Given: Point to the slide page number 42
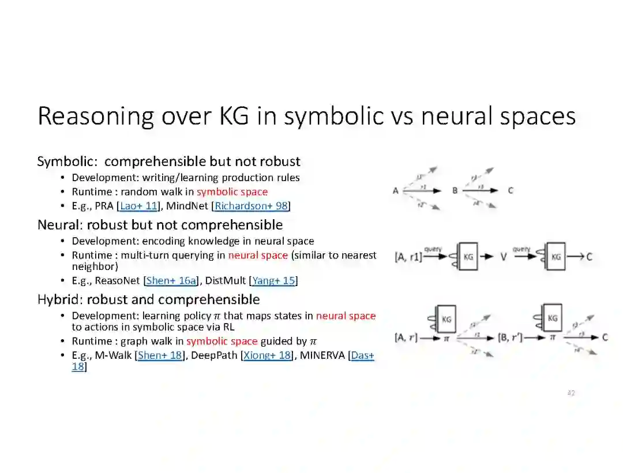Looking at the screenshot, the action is [x=571, y=393].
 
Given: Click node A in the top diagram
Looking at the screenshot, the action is [x=396, y=190].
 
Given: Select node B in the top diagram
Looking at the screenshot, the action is [x=455, y=190].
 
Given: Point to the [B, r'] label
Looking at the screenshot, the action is [x=510, y=337].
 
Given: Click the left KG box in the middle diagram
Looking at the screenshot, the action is [x=468, y=257].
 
